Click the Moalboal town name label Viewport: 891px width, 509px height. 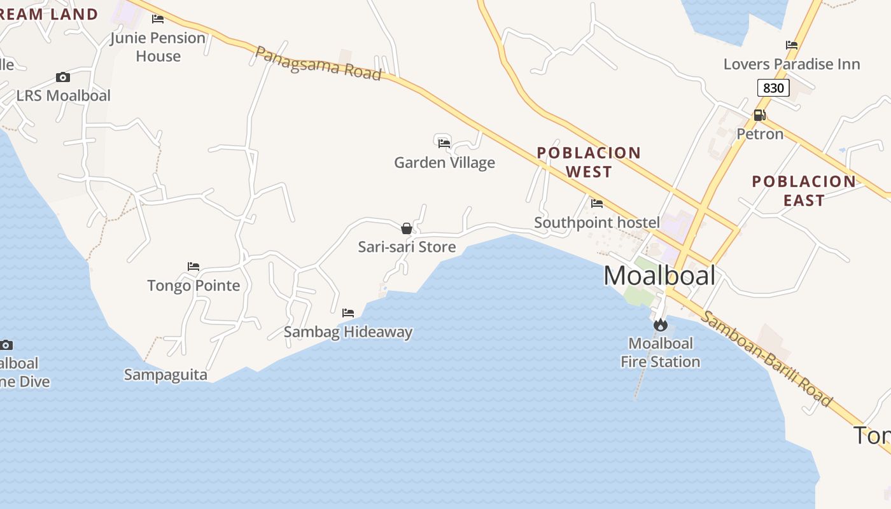[659, 275]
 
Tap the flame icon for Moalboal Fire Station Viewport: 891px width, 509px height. [661, 325]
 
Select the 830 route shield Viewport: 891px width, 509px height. [773, 88]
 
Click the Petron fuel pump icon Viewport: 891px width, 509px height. [759, 115]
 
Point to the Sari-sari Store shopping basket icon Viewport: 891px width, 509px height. [407, 228]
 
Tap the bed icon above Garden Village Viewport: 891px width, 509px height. [444, 143]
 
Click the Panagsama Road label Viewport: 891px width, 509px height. [318, 63]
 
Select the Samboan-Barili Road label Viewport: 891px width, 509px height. [766, 359]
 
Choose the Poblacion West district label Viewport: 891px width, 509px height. [589, 162]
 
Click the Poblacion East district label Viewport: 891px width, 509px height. [804, 191]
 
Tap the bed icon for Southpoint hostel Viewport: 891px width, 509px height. [597, 204]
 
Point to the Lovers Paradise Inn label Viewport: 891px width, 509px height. [792, 64]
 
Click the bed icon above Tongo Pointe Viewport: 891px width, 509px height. [193, 266]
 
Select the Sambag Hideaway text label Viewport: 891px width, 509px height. [348, 332]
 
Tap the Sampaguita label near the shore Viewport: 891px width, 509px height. [165, 375]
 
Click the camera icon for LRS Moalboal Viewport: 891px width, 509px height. [63, 78]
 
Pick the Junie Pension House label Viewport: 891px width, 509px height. [158, 47]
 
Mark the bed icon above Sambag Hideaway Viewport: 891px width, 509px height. [348, 313]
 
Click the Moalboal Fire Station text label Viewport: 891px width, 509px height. [661, 352]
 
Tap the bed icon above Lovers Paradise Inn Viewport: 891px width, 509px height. [792, 45]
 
